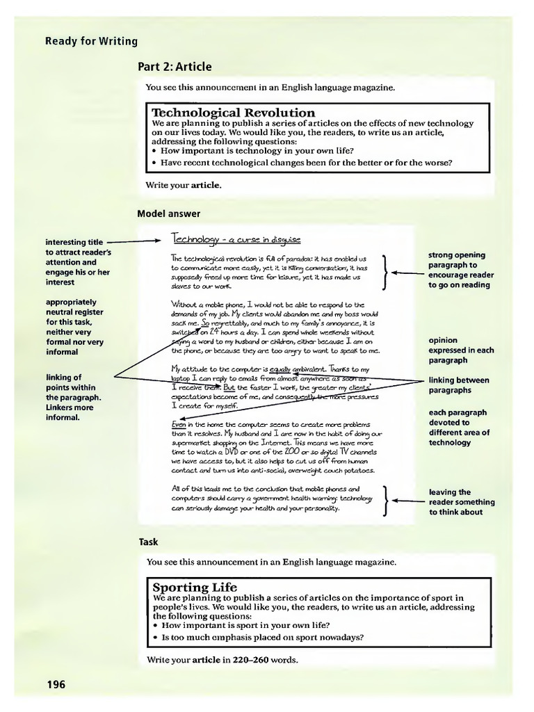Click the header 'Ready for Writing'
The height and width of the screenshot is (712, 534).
91,41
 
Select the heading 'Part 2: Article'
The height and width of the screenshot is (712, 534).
175,67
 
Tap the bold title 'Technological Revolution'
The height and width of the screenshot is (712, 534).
233,113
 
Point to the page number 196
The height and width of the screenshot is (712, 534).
56,685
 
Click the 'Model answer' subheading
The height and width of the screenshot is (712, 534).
168,213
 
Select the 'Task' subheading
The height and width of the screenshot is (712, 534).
148,542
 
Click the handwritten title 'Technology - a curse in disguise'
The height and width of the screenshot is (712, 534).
236,240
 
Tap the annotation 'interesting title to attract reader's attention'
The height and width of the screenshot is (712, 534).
78,262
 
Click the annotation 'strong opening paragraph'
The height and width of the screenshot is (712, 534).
460,270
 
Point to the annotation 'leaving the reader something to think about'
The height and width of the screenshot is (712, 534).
462,502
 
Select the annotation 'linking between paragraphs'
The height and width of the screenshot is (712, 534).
458,385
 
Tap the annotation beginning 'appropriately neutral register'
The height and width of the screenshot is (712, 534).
74,327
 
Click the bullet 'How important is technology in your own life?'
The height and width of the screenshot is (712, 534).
257,150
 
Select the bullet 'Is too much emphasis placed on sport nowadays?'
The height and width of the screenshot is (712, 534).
262,637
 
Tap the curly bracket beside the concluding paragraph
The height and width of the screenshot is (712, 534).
386,499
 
